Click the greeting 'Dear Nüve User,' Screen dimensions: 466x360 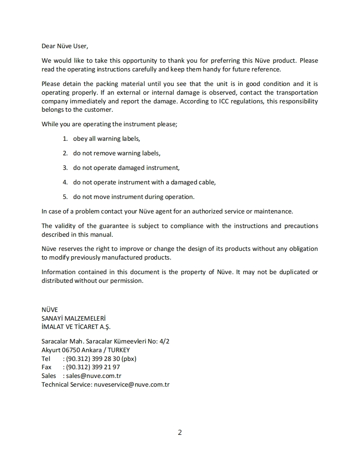65,46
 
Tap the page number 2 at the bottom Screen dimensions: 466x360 180,432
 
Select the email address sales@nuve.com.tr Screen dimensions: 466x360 94,376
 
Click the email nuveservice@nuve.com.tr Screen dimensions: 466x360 132,385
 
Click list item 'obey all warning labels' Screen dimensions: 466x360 106,139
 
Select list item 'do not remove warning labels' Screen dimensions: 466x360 116,153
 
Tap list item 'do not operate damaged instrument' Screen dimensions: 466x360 126,168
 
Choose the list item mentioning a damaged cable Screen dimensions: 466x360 144,182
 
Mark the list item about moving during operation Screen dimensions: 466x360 133,197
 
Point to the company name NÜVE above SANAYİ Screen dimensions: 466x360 49,310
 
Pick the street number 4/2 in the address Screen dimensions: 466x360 164,341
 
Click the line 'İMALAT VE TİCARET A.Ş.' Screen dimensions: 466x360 76,327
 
